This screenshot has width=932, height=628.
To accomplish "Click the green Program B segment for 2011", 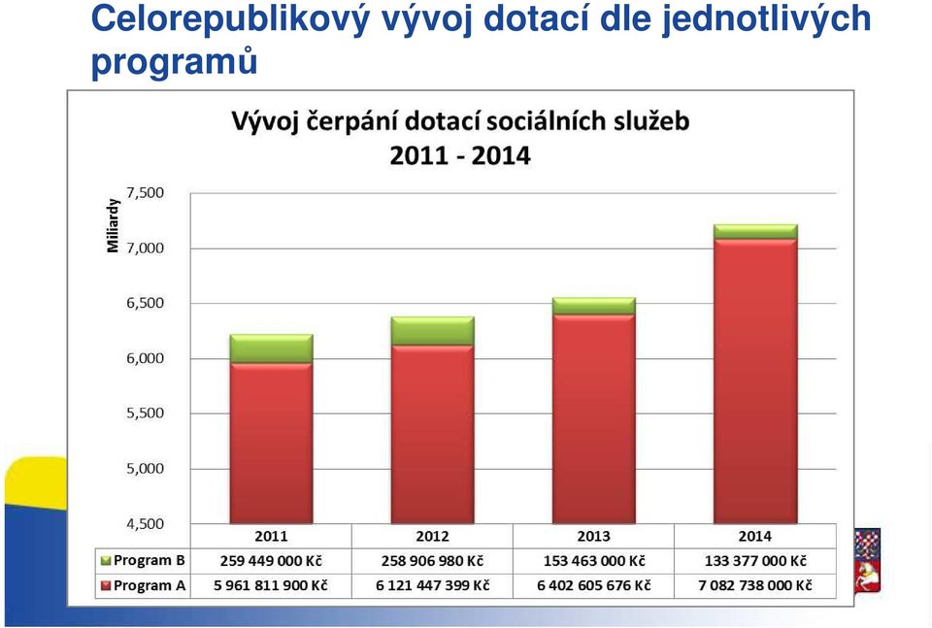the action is tap(271, 348).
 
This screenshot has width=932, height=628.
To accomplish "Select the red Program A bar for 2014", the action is tap(755, 381).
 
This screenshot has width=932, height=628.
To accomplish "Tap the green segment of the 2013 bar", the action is tap(594, 306).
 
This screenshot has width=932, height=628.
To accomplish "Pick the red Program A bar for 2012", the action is tap(433, 434).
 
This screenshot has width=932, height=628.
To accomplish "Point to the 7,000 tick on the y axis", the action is tap(145, 248).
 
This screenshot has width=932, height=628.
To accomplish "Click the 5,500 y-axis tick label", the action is tap(145, 413).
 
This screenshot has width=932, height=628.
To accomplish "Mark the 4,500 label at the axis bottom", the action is tap(145, 523).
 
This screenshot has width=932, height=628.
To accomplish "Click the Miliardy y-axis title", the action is tap(113, 226).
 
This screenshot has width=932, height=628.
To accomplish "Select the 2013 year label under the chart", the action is tap(594, 536).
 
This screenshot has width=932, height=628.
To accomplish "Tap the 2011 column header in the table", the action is tap(271, 536).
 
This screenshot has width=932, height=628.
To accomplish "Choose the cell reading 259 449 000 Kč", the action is tap(271, 561).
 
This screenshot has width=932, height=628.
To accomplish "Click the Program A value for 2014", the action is tap(755, 585).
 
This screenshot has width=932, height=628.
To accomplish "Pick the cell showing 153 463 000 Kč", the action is tap(594, 561).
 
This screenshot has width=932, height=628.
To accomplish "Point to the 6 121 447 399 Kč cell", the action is tap(433, 585).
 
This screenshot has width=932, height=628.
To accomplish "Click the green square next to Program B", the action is tap(107, 560).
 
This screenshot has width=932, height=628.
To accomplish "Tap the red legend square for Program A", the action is tap(107, 585).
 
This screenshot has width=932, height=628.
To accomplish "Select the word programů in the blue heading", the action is tap(174, 61).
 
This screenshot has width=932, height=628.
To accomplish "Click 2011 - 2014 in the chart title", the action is tap(460, 155).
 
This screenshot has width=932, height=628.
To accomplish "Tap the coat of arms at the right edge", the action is tap(867, 560).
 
